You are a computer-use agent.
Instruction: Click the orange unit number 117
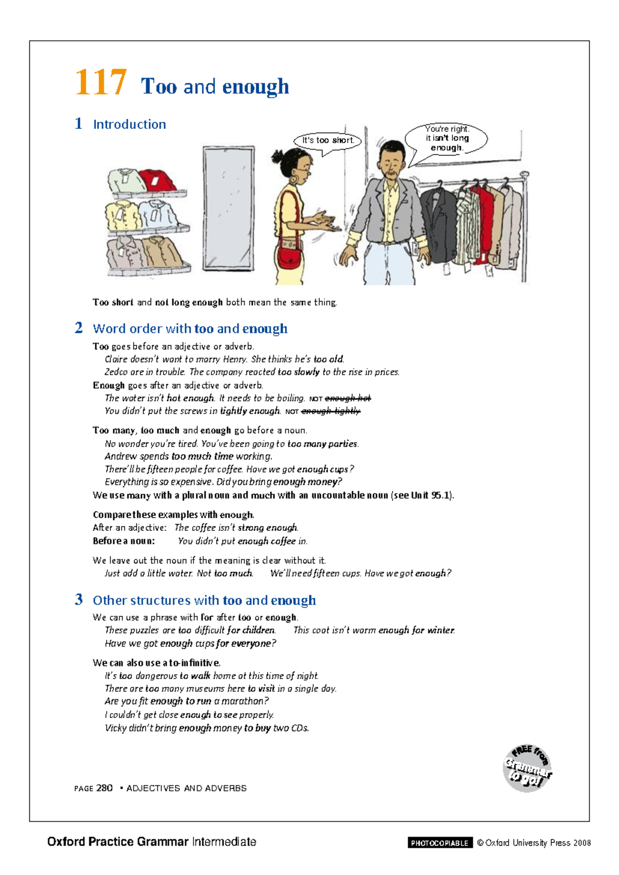101,83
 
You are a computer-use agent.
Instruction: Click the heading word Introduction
129,124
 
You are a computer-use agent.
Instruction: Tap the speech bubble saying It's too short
328,140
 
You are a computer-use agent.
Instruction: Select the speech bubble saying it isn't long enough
447,138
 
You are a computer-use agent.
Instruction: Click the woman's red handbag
290,256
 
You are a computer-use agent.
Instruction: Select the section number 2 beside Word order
78,328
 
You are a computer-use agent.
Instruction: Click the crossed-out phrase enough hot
348,398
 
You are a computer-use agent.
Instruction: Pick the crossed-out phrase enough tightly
331,411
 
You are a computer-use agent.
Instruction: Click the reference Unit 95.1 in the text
431,495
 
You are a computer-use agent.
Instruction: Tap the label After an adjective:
129,528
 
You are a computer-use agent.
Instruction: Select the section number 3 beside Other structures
78,599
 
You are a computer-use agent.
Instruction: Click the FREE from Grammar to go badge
527,768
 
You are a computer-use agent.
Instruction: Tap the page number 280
104,788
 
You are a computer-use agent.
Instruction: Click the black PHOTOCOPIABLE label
439,843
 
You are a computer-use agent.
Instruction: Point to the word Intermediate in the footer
224,842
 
